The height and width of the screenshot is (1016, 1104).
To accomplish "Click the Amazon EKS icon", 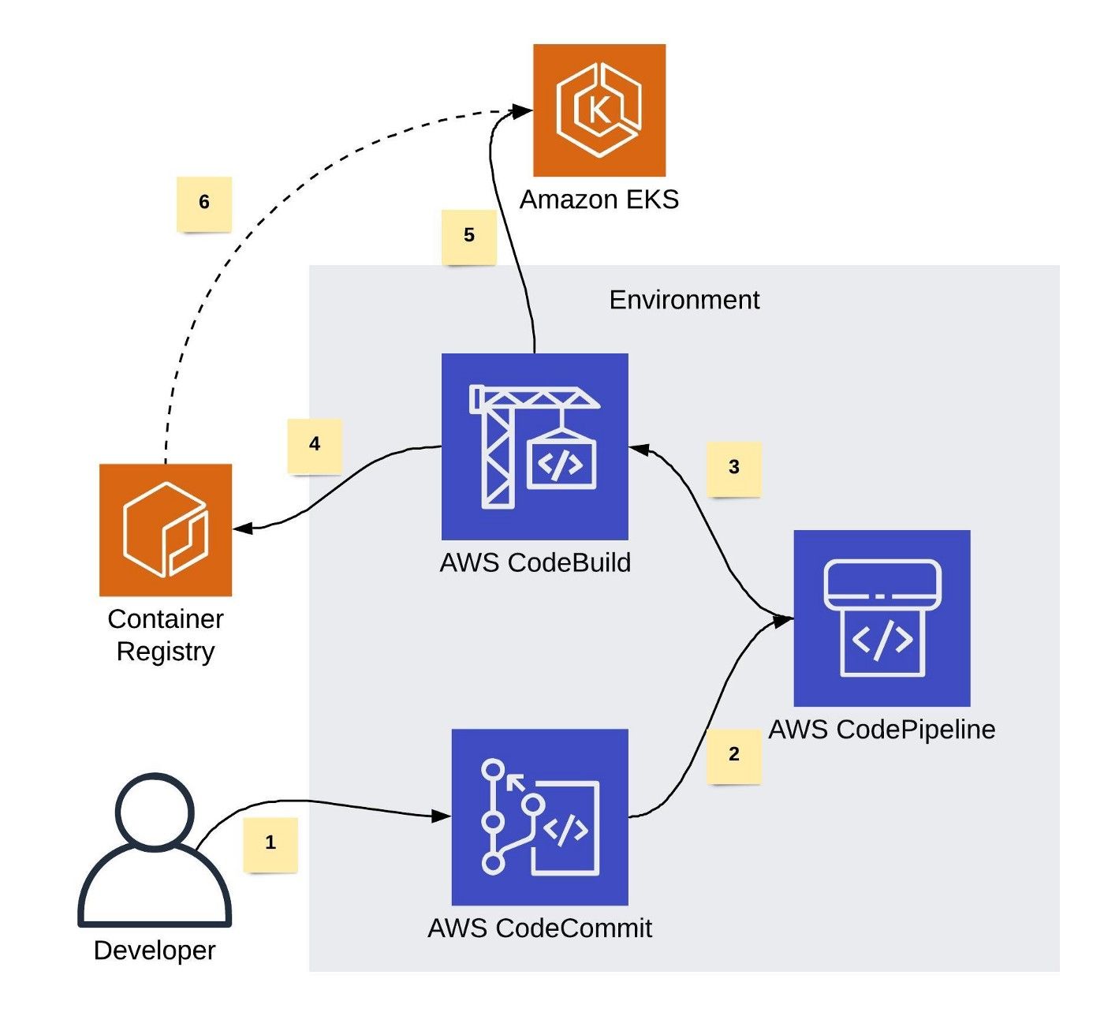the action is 599,110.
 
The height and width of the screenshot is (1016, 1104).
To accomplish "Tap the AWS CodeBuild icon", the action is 535,446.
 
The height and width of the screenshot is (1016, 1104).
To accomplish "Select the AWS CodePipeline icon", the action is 882,618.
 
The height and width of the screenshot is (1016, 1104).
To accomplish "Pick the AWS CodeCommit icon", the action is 540,817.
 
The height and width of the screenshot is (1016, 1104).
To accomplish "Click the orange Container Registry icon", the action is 166,530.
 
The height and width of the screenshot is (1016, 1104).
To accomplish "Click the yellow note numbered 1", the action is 270,845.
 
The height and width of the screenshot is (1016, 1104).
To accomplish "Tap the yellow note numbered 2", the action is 734,756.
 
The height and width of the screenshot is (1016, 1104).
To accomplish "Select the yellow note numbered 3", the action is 734,469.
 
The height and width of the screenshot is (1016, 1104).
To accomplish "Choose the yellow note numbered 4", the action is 315,446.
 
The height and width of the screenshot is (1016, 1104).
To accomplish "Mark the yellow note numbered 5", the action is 469,237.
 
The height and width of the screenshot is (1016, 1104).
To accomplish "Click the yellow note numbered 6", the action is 204,204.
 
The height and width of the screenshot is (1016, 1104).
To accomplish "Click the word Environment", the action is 684,300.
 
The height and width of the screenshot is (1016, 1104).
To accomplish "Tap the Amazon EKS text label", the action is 599,199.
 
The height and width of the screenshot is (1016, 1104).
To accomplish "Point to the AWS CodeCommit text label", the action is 540,928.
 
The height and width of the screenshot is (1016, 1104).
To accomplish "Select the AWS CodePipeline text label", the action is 882,729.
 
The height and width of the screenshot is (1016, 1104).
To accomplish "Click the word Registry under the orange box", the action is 166,653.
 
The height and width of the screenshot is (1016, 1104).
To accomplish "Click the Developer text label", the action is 155,951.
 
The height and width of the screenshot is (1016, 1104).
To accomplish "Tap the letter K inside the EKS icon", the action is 599,110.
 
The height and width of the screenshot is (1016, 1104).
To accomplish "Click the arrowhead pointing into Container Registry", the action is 242,528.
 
